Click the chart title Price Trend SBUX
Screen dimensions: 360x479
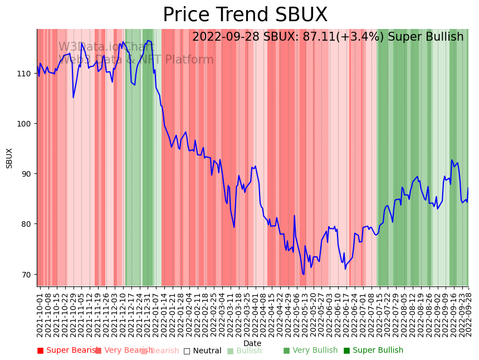point(245,15)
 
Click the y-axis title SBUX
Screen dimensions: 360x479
point(9,158)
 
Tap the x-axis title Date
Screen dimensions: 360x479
point(252,343)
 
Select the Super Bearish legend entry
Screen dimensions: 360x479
point(68,351)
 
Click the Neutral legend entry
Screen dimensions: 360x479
point(202,351)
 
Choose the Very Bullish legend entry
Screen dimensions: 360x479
point(310,351)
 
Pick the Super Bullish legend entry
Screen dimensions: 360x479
point(373,351)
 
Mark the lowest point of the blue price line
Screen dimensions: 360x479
point(304,274)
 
